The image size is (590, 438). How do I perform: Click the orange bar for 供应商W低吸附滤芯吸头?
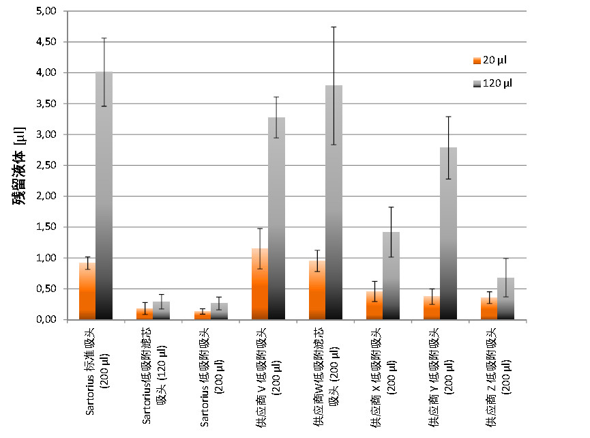[x=317, y=290]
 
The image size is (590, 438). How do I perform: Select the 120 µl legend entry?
[x=492, y=83]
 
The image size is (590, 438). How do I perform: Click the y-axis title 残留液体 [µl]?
[x=20, y=165]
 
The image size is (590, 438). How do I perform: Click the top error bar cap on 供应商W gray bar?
[x=334, y=27]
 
